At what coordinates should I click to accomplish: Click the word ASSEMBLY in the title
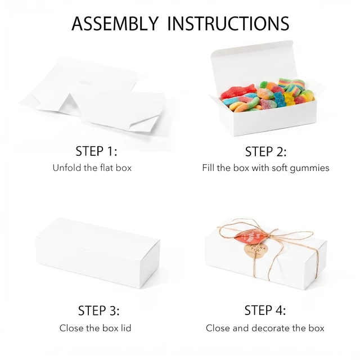pos(115,23)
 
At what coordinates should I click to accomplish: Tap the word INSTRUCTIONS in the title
pos(228,23)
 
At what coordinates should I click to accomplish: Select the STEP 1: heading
pos(96,151)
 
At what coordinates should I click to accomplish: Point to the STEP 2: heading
pos(265,151)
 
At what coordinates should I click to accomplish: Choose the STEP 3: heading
pos(99,310)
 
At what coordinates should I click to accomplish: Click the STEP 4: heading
pos(265,310)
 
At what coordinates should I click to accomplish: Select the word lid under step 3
pos(126,328)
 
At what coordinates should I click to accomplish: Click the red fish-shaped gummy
pos(238,91)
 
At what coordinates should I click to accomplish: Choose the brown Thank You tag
pos(255,251)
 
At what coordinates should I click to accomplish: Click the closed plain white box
pos(97,253)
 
